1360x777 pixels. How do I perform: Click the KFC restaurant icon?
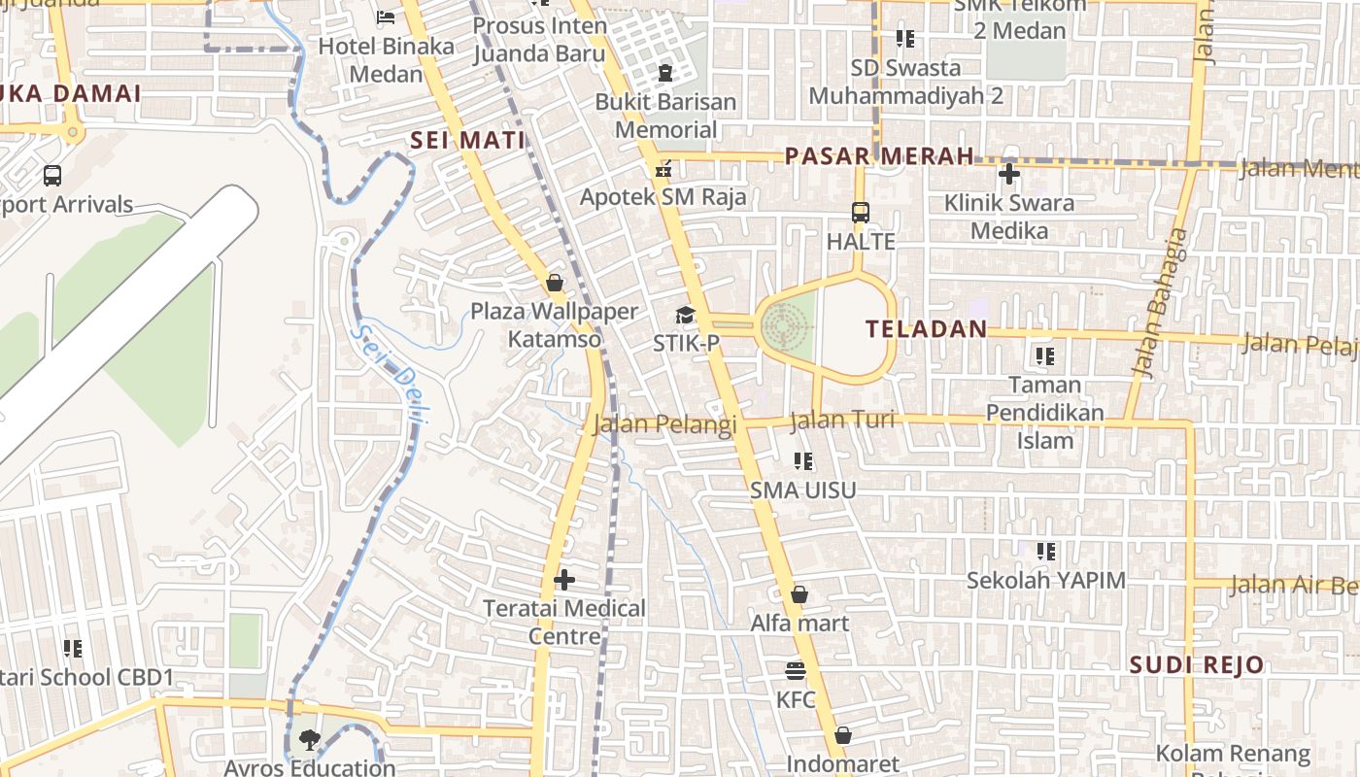(796, 671)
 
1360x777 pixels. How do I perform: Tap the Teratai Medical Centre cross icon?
(563, 581)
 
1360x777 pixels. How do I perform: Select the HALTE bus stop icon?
(860, 212)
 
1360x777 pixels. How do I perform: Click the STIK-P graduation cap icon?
(685, 315)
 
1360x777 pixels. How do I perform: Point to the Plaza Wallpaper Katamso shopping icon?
(555, 283)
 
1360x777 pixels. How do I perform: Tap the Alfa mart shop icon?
(799, 594)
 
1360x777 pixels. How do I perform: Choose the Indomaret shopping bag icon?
(842, 735)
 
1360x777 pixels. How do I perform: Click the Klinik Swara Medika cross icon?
(1009, 175)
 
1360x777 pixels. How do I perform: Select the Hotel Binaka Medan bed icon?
(386, 17)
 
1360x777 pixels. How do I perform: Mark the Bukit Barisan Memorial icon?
(665, 73)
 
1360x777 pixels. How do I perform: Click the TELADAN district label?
(926, 329)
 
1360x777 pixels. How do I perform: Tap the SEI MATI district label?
(467, 140)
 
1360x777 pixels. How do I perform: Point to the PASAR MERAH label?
(879, 155)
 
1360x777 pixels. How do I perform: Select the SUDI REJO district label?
(1197, 665)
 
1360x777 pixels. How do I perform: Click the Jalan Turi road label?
(841, 421)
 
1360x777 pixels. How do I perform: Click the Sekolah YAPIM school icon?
(1045, 552)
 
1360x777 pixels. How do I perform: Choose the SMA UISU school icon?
(802, 461)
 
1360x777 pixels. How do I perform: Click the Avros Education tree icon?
(309, 740)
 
